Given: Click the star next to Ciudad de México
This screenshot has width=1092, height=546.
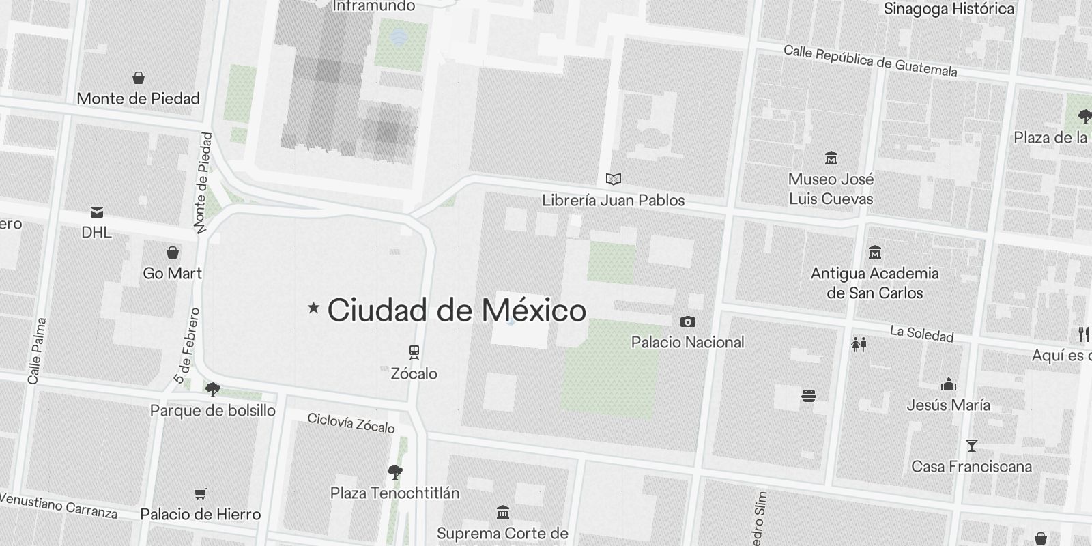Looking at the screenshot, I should pyautogui.click(x=314, y=308).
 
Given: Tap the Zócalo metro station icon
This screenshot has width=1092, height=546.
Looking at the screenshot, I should pyautogui.click(x=414, y=352).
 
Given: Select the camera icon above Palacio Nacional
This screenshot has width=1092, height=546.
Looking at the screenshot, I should pyautogui.click(x=687, y=321).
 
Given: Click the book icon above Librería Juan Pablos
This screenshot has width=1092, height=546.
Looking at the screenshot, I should pyautogui.click(x=614, y=179).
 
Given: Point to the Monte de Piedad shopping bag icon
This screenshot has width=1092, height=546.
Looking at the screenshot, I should pyautogui.click(x=139, y=78).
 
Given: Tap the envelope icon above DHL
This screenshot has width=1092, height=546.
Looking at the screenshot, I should pyautogui.click(x=97, y=212).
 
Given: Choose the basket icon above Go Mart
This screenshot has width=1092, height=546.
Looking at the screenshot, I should pyautogui.click(x=173, y=253).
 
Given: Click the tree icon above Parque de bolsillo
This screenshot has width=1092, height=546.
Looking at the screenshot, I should pyautogui.click(x=213, y=390).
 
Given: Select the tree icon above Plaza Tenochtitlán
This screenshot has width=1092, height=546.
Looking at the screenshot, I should pyautogui.click(x=394, y=472).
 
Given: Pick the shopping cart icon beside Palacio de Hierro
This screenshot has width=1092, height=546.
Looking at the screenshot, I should pyautogui.click(x=200, y=493).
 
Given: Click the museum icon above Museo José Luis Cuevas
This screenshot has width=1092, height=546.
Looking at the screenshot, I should pyautogui.click(x=831, y=158).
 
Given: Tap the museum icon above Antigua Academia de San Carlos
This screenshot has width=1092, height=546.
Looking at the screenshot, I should pyautogui.click(x=874, y=253).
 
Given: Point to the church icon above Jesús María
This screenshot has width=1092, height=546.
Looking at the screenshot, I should pyautogui.click(x=948, y=384).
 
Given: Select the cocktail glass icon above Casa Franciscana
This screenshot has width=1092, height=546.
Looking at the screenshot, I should pyautogui.click(x=971, y=446).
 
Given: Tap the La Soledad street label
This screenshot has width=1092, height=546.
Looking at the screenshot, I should pyautogui.click(x=921, y=334).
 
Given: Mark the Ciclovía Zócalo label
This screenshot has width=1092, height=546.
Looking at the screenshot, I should pyautogui.click(x=351, y=423).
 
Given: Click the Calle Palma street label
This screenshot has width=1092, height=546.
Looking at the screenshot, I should pyautogui.click(x=37, y=350).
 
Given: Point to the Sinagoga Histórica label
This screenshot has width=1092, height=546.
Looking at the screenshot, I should pyautogui.click(x=949, y=9).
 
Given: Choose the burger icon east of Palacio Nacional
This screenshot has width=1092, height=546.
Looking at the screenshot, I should pyautogui.click(x=809, y=396).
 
